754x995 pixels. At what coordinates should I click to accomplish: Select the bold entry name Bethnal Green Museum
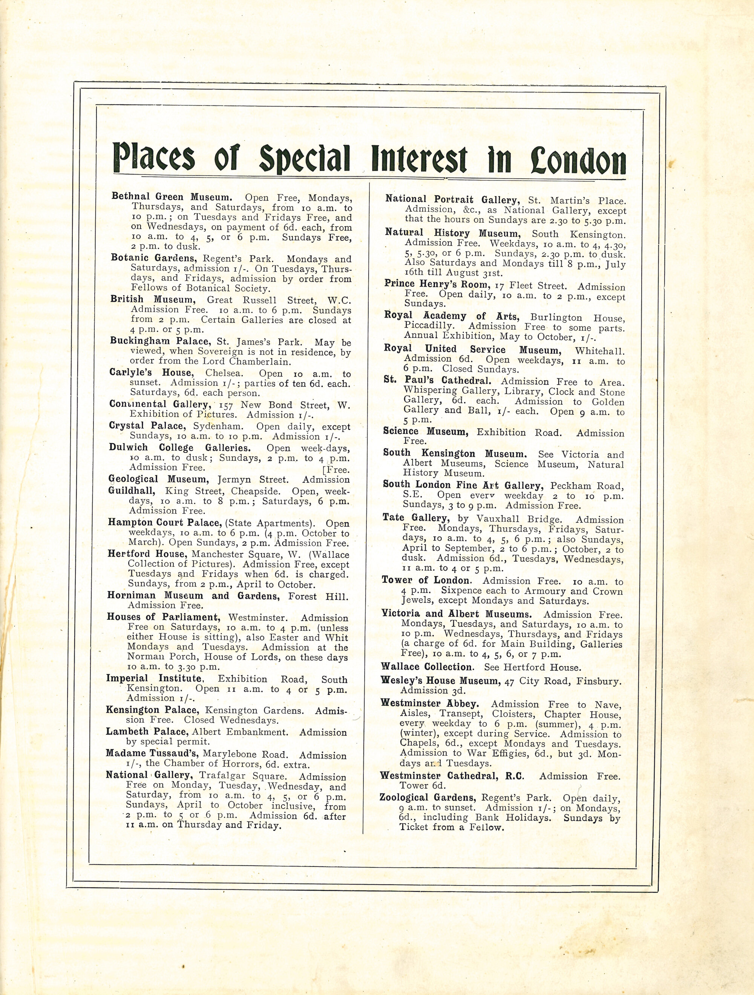point(172,197)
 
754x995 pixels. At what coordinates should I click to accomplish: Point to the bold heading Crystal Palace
point(146,425)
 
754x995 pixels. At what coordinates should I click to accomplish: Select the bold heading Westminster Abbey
point(429,703)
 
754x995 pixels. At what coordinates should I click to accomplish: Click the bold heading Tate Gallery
point(415,518)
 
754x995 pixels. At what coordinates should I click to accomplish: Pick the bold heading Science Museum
point(425,432)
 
